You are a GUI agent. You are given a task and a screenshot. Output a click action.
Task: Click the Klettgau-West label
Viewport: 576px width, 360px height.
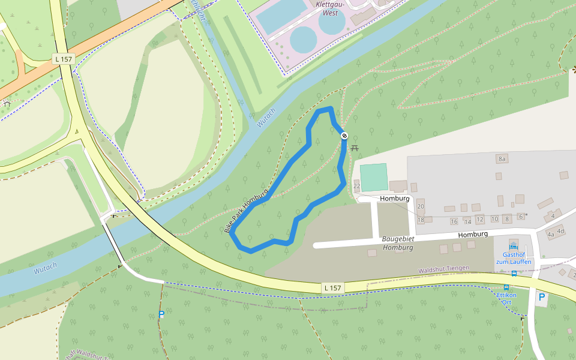tap(326, 8)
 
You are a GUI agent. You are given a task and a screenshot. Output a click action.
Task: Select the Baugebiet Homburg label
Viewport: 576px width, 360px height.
tap(398, 242)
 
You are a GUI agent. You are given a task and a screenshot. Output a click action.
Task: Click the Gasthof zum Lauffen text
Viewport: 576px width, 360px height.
tap(513, 258)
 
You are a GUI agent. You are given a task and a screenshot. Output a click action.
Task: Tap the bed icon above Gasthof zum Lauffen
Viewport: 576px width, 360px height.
tap(513, 246)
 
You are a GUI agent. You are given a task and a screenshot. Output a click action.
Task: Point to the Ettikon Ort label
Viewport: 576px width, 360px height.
tap(508, 298)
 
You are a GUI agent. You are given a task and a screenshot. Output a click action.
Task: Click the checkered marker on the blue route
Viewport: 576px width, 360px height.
tap(344, 136)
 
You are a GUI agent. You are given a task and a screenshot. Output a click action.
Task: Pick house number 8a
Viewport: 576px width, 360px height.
tap(502, 158)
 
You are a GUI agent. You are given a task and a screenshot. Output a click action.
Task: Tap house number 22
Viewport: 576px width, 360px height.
tap(356, 186)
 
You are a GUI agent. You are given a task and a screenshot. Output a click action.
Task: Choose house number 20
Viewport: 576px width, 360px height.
tap(421, 206)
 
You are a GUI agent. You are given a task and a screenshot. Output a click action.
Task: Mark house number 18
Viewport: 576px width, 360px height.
tap(421, 220)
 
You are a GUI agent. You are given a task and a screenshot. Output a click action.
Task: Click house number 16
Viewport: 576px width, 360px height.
tap(454, 221)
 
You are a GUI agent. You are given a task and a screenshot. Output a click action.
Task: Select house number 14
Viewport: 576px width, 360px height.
tap(467, 221)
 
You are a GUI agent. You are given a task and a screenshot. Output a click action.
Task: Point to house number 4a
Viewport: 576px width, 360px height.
tap(551, 235)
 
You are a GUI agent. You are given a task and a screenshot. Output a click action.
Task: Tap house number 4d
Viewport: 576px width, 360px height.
tap(560, 230)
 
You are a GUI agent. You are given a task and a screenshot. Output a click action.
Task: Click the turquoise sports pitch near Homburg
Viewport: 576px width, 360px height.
tap(374, 177)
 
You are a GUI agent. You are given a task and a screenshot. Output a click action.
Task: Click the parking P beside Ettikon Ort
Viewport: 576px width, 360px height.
tap(542, 297)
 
